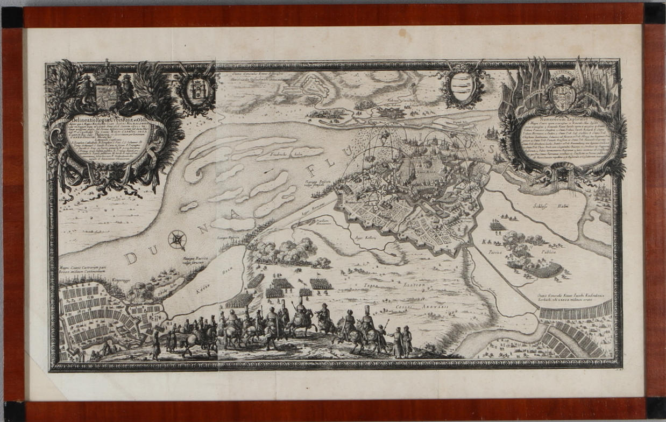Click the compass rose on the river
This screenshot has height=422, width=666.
pyautogui.click(x=177, y=240)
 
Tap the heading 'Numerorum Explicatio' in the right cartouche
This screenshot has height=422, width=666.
pyautogui.click(x=562, y=116)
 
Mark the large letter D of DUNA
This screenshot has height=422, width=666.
pyautogui.click(x=130, y=257)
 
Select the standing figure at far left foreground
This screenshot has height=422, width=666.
pyautogui.click(x=155, y=344)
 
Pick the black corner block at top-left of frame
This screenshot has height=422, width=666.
pyautogui.click(x=11, y=17)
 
